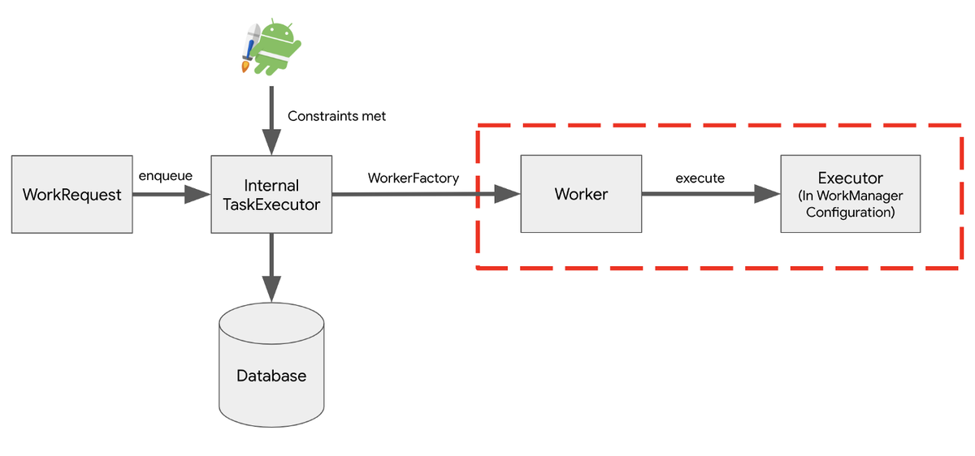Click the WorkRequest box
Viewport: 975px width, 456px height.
tap(72, 194)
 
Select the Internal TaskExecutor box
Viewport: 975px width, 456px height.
tap(271, 194)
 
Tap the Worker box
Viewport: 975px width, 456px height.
tap(581, 194)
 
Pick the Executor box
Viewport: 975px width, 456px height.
tap(851, 194)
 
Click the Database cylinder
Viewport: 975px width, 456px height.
tap(271, 364)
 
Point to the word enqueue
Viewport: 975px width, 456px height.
tap(166, 176)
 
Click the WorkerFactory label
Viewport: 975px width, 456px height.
tap(414, 179)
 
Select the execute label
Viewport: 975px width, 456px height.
tap(700, 179)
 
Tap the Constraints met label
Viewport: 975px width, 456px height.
tap(336, 116)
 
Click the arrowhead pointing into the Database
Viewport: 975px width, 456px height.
tap(271, 289)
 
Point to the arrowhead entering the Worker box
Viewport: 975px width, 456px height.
tap(508, 194)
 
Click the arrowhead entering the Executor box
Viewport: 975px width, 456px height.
tap(767, 194)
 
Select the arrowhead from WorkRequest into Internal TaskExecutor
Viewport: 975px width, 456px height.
tap(197, 194)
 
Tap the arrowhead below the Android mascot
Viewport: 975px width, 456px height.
tap(271, 142)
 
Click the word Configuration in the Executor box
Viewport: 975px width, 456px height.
tap(851, 213)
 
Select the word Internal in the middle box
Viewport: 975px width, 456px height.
tap(271, 186)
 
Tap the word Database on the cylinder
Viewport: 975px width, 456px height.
tap(271, 376)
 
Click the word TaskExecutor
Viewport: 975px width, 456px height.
tap(271, 204)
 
